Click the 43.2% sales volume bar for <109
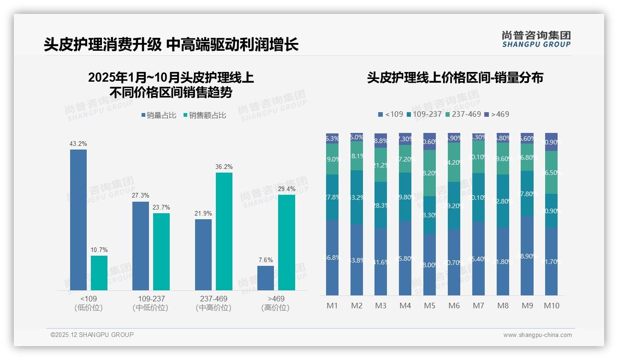coord(78,220)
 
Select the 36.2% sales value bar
coord(224,231)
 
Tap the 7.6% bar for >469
coord(266,278)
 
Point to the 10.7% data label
coord(99,250)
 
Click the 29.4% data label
coord(286,189)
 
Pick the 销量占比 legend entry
coord(159,115)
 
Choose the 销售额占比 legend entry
coord(204,115)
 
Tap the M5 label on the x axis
coord(429,306)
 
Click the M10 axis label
coord(551,306)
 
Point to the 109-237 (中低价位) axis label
coord(150,303)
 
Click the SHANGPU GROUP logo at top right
coord(536,39)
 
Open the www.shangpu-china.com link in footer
coord(537,335)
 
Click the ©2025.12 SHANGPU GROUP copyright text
coord(92,335)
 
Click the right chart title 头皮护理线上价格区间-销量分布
coord(455,78)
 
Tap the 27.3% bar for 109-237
coord(141,246)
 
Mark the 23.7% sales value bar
coord(161,252)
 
